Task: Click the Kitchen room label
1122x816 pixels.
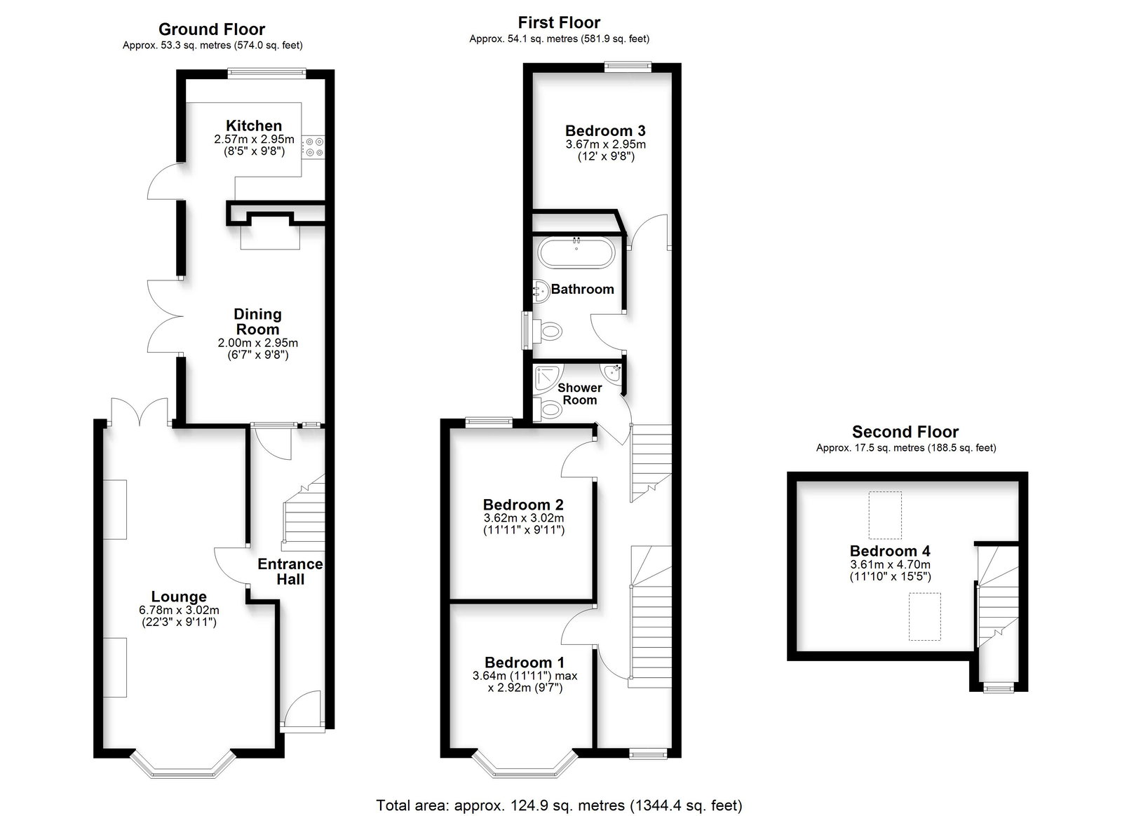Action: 253,125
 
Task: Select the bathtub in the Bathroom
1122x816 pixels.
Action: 576,253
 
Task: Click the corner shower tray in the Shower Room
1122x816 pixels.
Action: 548,378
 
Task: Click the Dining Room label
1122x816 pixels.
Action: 257,321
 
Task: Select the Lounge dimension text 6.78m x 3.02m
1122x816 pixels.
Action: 179,611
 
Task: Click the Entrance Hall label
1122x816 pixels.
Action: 290,571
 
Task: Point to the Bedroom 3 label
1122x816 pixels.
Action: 605,130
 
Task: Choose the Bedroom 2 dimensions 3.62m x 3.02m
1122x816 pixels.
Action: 523,517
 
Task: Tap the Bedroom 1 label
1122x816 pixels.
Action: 525,662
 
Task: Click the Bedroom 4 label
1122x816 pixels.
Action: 890,551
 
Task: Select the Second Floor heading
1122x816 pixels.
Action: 905,432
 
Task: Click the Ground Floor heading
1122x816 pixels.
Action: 212,29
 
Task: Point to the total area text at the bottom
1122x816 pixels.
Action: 559,805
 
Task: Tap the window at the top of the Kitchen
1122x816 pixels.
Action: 266,73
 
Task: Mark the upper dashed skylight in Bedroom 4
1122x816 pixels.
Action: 885,515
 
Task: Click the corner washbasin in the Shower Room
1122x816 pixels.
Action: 613,372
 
